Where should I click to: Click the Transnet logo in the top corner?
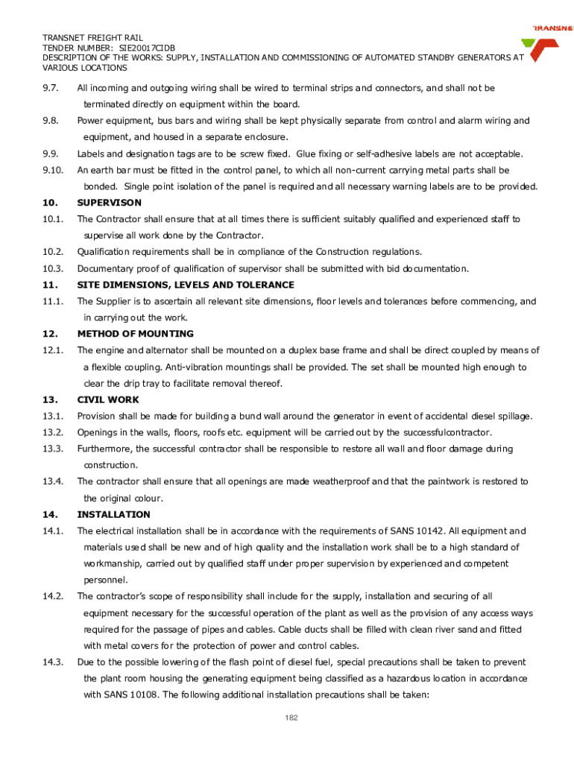tap(551, 45)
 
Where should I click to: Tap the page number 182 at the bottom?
tap(292, 718)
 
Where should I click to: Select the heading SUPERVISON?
tap(109, 203)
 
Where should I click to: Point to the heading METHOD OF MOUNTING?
tap(135, 334)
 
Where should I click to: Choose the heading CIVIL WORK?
tap(108, 399)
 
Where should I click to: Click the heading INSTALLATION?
tap(114, 515)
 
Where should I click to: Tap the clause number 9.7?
tap(51, 88)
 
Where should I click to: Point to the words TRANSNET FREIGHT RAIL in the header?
tap(92, 37)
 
